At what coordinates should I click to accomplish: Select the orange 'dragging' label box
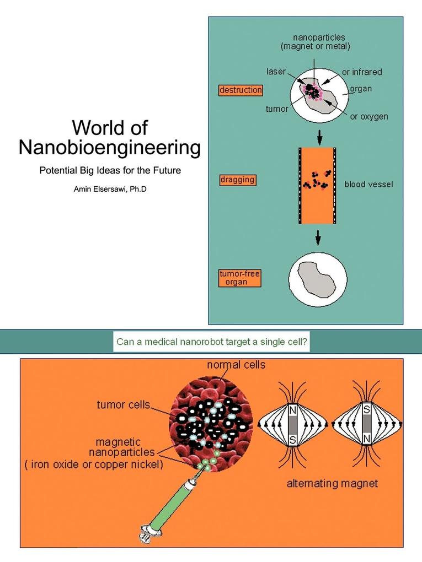point(238,180)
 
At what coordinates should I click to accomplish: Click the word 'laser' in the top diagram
point(276,72)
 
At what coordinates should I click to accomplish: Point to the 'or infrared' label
point(362,72)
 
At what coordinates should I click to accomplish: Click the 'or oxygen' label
point(368,117)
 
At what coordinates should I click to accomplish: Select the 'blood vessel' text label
point(368,185)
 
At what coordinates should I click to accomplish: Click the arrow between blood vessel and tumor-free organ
point(318,237)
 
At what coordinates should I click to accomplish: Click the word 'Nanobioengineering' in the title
point(109,148)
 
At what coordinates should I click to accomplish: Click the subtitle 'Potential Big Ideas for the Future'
point(110,170)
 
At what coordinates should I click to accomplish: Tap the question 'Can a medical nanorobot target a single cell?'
point(212,342)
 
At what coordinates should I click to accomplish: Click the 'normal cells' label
point(236,365)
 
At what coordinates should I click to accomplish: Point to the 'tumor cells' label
point(123,405)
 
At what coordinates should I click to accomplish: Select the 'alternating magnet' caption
point(332,484)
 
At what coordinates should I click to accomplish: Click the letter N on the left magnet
point(293,411)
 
